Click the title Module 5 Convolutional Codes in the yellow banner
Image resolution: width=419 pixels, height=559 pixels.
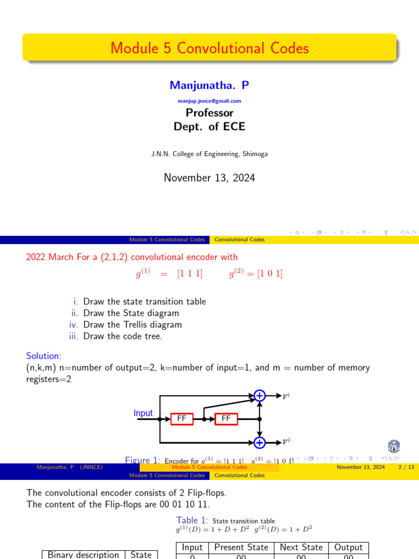coord(209,48)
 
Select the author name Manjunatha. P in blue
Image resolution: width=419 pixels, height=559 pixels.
coord(209,85)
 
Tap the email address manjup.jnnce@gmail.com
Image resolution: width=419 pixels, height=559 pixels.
coord(209,101)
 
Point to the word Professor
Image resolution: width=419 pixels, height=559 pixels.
coord(209,113)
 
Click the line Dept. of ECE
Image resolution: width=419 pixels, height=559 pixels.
coord(209,127)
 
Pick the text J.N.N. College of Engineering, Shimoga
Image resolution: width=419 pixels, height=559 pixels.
coord(209,154)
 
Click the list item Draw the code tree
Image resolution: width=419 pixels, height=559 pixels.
coord(123,336)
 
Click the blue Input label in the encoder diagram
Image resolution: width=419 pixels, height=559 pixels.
coord(143,413)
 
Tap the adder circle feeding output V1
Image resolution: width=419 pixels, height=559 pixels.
coord(260,396)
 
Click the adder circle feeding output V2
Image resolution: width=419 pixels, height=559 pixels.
coord(260,442)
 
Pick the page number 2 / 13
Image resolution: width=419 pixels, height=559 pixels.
coord(406,467)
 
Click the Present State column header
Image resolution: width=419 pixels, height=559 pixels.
coord(241,547)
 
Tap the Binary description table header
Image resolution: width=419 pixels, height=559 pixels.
coord(83,555)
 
